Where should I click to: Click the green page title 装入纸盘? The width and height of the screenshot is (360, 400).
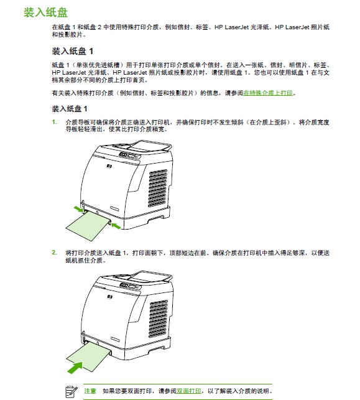[45, 12]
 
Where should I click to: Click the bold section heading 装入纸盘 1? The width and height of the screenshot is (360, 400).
[72, 51]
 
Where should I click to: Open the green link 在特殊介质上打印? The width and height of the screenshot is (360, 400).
[268, 93]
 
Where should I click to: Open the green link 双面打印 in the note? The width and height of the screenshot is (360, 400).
[188, 391]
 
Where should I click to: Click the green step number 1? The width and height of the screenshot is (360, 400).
[54, 122]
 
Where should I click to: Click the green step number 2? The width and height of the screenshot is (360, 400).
[54, 253]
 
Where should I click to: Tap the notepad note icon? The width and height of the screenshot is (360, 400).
[71, 391]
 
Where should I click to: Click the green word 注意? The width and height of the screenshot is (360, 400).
[90, 391]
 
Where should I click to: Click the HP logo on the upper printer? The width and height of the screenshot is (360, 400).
[109, 167]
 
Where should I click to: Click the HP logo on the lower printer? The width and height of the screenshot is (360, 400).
[110, 297]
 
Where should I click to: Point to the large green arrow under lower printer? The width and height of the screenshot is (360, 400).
[75, 368]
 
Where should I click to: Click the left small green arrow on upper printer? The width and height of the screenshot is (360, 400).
[78, 209]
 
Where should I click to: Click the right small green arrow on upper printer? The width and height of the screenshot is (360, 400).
[116, 226]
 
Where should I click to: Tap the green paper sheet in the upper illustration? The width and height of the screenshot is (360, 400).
[88, 226]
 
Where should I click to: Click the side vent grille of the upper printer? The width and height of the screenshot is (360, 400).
[158, 188]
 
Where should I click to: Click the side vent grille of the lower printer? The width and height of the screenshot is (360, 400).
[159, 319]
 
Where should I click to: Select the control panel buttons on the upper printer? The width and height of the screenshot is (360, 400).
[129, 155]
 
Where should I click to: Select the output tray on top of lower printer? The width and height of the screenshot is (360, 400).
[150, 277]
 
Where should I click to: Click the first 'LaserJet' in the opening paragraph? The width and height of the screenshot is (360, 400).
[237, 27]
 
